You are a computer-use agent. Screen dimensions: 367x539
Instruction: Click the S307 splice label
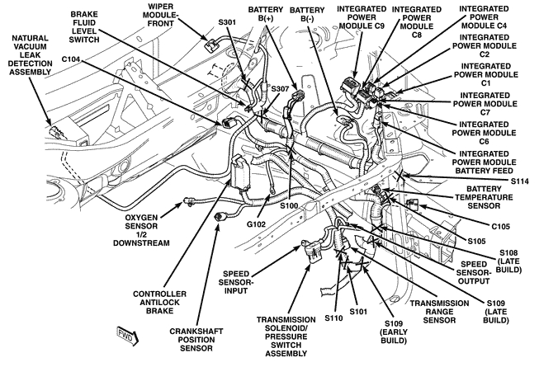click(x=281, y=88)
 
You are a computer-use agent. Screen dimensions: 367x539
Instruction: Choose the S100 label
click(x=289, y=204)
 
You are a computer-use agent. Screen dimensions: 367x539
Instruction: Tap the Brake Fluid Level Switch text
click(x=89, y=26)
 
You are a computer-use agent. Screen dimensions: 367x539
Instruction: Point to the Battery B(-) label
click(x=306, y=16)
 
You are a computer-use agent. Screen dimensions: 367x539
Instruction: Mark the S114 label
click(x=520, y=181)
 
